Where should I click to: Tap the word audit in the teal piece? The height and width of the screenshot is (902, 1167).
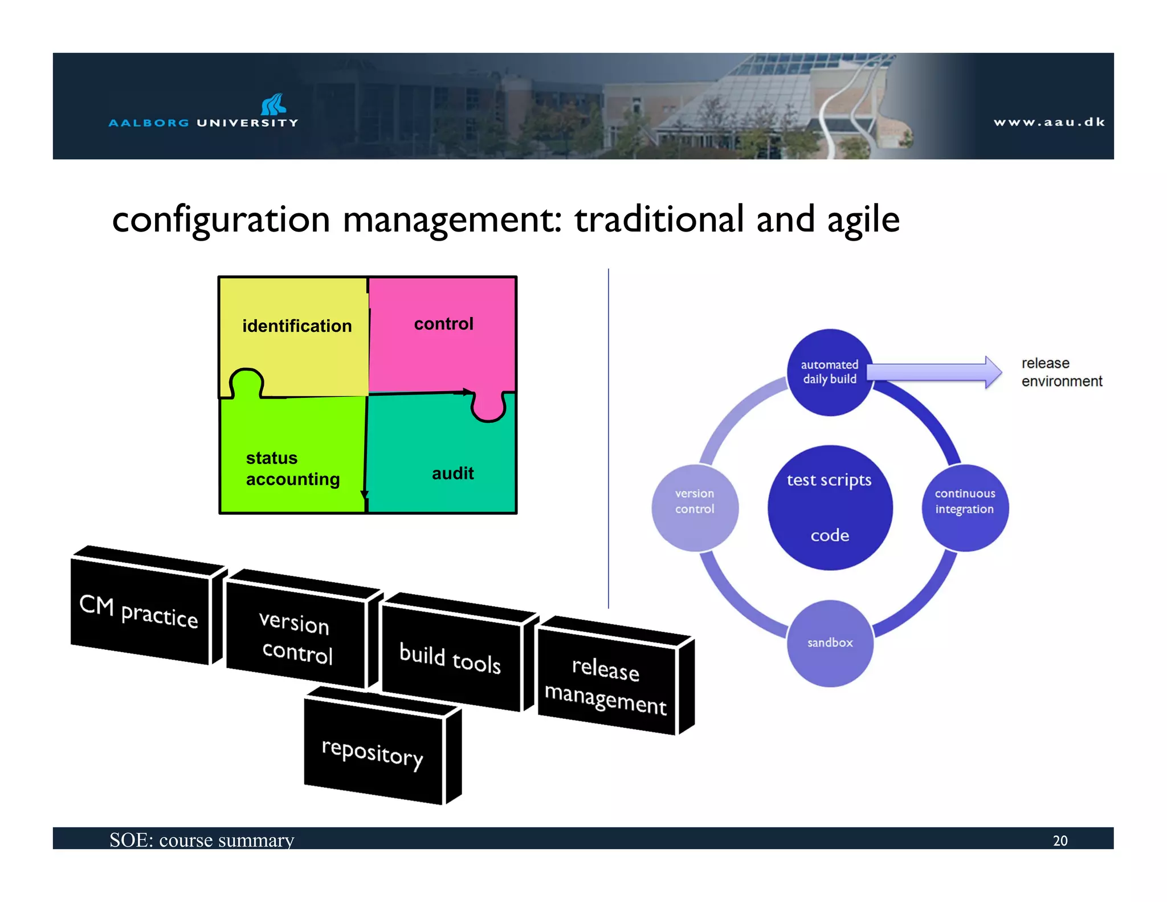(452, 473)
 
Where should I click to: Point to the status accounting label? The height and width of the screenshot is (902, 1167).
(292, 469)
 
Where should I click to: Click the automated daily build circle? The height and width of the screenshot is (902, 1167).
(829, 372)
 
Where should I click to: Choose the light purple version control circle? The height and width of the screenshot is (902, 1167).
(695, 507)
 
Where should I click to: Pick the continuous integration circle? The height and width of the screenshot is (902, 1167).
(965, 507)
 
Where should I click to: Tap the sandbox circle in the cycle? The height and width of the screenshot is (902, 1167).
(830, 643)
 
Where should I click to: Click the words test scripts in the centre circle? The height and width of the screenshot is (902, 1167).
(829, 480)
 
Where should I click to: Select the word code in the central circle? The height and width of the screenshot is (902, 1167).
(830, 535)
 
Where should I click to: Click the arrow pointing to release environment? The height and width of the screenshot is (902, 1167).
(935, 372)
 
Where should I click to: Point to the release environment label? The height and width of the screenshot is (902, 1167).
(1061, 372)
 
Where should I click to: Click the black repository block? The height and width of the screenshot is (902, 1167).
(373, 753)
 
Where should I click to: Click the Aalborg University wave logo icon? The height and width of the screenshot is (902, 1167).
(274, 105)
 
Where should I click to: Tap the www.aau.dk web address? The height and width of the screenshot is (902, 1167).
(1049, 122)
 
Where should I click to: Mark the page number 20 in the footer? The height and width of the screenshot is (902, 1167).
(1060, 840)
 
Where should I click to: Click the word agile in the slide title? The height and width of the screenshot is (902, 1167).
(863, 220)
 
